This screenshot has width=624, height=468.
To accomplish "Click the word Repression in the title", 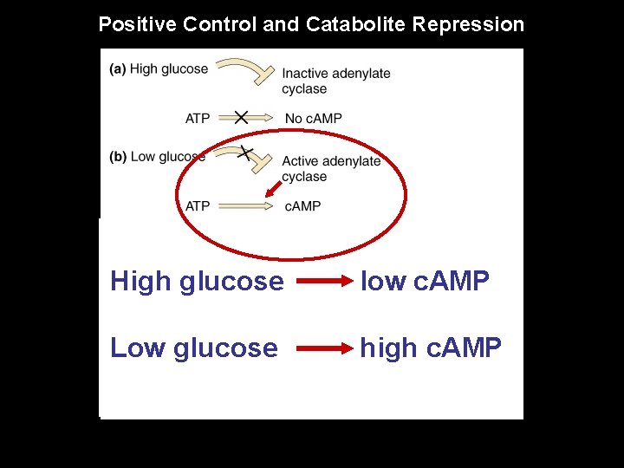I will (468, 24).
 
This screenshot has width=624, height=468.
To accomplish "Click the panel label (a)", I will (118, 69).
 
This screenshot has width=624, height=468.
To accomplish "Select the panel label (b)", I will (118, 157).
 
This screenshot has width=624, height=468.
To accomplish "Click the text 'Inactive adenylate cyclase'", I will (335, 81).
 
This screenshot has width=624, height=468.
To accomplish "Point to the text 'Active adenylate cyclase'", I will (330, 168).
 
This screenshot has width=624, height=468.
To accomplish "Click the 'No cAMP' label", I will (313, 118).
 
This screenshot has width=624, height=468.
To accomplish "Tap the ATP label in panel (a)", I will (198, 118).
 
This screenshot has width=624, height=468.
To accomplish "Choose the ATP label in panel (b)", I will (198, 206).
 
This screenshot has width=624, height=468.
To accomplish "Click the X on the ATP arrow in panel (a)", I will (241, 117).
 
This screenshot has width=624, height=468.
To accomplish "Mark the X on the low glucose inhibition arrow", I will (245, 153).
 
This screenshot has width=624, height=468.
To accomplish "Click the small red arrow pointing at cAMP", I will (273, 188).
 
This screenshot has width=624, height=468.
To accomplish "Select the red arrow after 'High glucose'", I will (321, 282).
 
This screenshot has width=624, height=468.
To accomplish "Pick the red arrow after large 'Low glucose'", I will (321, 348).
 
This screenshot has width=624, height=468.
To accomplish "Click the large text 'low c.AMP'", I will (425, 281).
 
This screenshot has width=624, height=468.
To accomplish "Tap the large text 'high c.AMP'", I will (431, 348).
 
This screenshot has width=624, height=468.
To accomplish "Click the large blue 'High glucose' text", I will (197, 282).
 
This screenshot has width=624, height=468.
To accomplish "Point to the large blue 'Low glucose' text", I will (194, 348).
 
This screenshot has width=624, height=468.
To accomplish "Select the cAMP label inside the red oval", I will (302, 206).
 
